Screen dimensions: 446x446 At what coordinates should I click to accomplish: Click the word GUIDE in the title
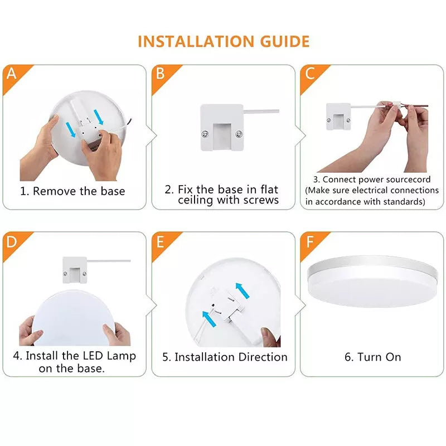(x=285, y=41)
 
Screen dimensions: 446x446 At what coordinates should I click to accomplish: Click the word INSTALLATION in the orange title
(x=196, y=41)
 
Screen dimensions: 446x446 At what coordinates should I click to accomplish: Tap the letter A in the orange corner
(x=11, y=74)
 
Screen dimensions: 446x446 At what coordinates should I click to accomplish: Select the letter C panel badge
(x=310, y=74)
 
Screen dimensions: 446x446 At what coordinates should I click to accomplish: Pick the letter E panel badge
(x=160, y=242)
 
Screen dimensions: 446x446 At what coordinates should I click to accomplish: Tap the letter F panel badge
(x=310, y=242)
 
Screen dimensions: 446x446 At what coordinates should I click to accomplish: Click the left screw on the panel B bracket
(x=205, y=134)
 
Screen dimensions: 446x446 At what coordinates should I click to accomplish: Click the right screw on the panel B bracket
(x=239, y=134)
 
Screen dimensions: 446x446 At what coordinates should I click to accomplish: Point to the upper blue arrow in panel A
(x=99, y=117)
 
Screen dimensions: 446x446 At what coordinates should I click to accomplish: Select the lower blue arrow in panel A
(x=71, y=130)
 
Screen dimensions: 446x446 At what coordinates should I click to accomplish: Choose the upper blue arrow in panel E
(x=243, y=290)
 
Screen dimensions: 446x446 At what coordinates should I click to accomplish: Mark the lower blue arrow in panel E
(x=209, y=319)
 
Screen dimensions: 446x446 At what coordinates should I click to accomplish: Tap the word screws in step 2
(x=261, y=200)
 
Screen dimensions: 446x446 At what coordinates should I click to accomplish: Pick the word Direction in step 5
(x=263, y=357)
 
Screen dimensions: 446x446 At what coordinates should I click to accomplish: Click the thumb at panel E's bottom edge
(x=270, y=337)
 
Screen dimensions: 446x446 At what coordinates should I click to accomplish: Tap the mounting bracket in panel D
(x=75, y=270)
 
